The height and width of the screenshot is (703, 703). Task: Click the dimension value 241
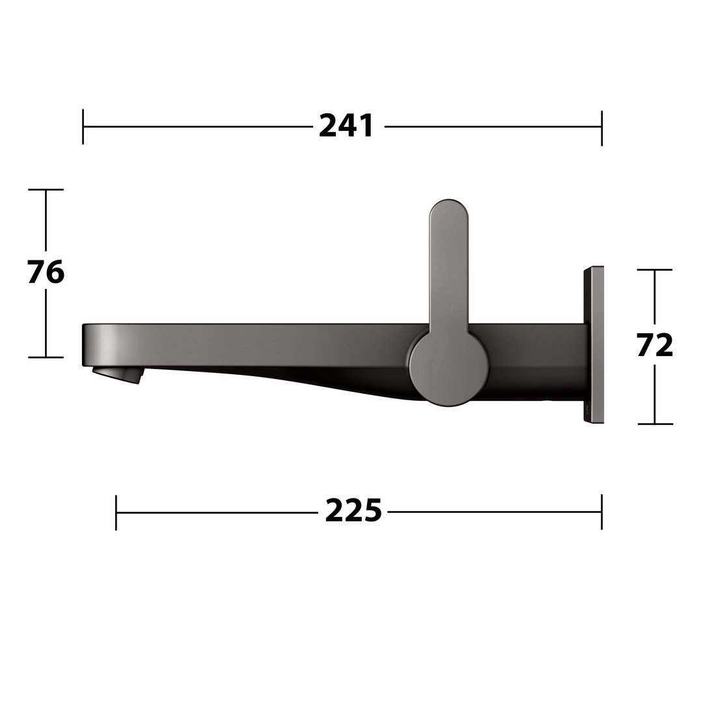tap(346, 126)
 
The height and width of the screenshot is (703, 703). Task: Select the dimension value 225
tap(353, 511)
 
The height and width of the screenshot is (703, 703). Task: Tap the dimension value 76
tap(46, 272)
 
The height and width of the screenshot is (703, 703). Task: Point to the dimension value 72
tap(655, 345)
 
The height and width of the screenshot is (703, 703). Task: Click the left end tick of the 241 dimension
tap(83, 126)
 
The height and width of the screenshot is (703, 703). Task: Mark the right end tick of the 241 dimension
tap(601, 128)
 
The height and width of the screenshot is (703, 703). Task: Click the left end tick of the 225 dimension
tap(116, 512)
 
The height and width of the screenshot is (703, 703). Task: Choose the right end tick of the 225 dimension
tap(601, 512)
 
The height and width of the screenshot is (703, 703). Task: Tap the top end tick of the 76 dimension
tap(46, 189)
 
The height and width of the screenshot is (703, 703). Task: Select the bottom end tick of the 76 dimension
tap(46, 357)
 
